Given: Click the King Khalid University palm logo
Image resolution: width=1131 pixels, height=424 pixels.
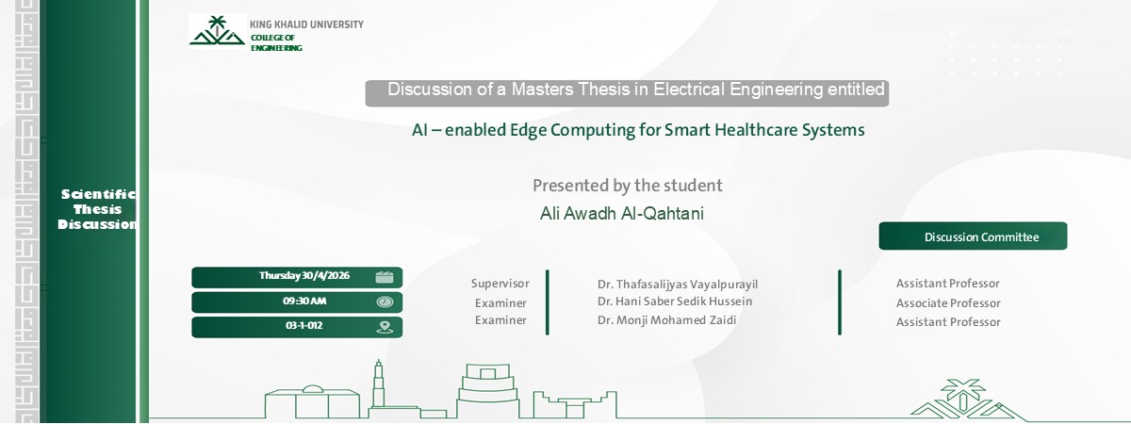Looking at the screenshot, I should tap(217, 31).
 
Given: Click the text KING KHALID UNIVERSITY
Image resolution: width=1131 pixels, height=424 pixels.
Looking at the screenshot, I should tap(306, 24).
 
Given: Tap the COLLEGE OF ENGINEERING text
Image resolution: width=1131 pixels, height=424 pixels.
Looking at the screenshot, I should tap(276, 42).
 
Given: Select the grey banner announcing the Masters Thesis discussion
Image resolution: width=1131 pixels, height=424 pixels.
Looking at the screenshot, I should tap(627, 92).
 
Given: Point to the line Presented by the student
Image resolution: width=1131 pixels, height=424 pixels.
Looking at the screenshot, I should tap(627, 186).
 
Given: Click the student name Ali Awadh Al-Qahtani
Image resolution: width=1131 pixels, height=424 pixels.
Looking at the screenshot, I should tap(621, 214).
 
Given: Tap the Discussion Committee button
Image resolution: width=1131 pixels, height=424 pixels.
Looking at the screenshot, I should tap(973, 236).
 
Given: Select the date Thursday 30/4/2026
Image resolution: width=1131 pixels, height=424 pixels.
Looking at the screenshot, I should tap(304, 276).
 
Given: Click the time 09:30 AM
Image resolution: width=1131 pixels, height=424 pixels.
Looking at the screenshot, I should tap(304, 302).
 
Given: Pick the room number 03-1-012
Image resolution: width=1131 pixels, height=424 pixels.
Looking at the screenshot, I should tap(304, 326).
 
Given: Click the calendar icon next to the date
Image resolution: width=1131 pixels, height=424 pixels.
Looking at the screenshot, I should tap(385, 277).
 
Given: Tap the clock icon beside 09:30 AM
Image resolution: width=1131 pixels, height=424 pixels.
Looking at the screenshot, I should tap(385, 302).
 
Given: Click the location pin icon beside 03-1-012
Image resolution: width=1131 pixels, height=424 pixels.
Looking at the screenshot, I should tap(385, 327).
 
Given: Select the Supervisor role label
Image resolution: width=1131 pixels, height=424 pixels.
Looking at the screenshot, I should tap(500, 284).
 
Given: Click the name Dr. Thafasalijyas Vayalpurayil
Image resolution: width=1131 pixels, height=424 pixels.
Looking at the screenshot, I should tap(677, 285).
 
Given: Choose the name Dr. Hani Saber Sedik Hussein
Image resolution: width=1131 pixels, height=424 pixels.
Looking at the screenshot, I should tap(675, 302).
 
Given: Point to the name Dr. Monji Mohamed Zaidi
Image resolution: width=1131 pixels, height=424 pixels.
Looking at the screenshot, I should tap(666, 319).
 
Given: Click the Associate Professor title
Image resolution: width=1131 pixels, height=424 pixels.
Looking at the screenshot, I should tap(948, 303).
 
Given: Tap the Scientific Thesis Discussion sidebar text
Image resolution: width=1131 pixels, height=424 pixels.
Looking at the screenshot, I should tap(98, 209).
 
